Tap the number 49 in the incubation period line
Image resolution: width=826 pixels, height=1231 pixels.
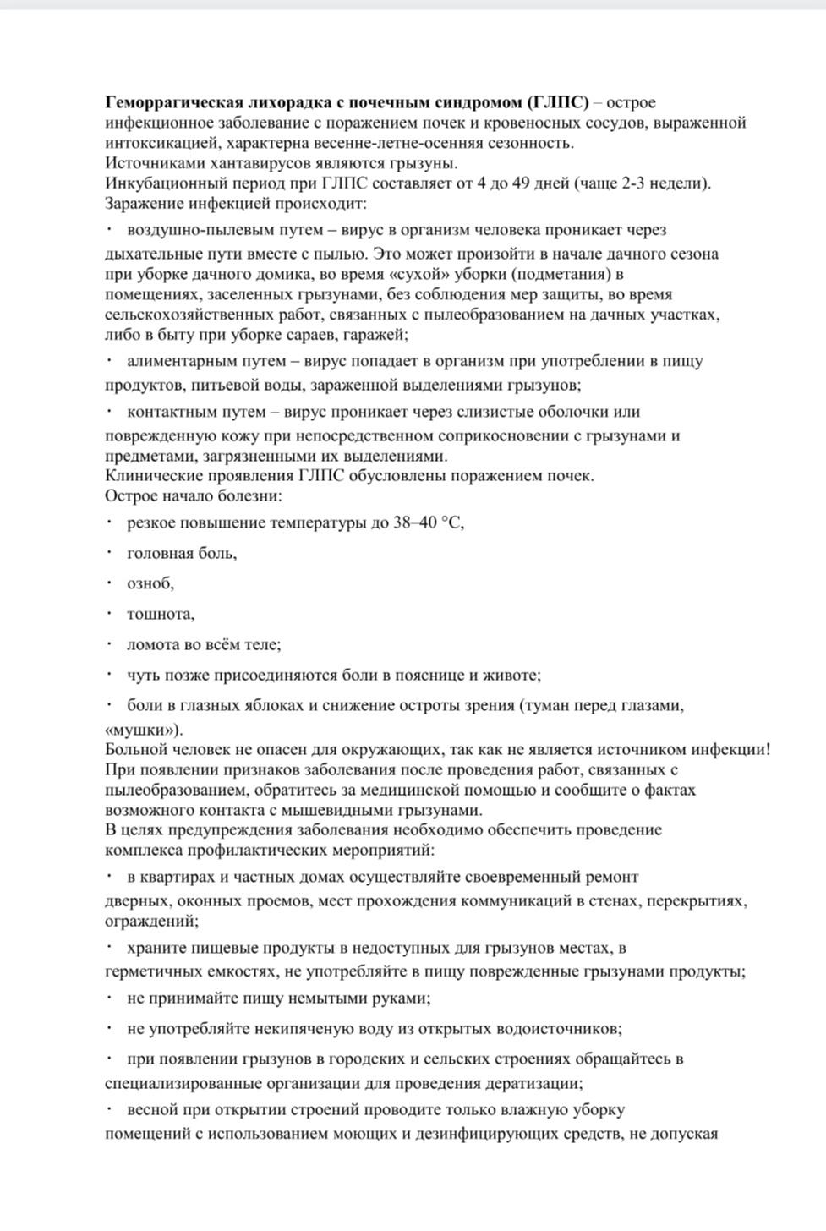point(520,184)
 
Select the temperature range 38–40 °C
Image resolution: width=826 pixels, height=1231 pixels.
point(428,522)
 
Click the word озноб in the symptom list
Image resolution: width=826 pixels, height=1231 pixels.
point(150,583)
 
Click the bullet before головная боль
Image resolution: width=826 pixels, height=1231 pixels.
point(110,553)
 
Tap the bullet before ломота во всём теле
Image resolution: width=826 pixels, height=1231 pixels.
point(110,644)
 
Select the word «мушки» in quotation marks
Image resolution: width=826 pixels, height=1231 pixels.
point(143,730)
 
